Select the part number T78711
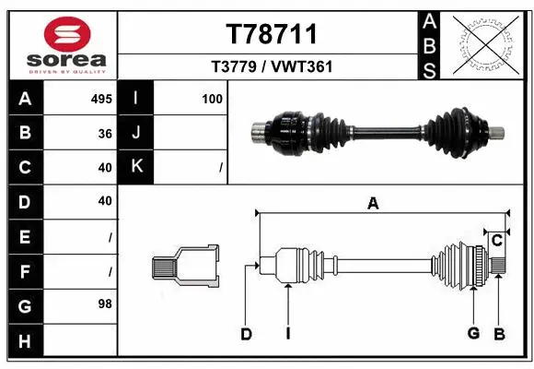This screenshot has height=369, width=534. [272, 34]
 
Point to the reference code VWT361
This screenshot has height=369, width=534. [302, 66]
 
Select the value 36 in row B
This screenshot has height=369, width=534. [105, 133]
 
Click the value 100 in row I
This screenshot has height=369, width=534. [212, 99]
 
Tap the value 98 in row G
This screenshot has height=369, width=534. [105, 304]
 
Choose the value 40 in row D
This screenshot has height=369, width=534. [105, 200]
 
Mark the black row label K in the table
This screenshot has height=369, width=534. [136, 167]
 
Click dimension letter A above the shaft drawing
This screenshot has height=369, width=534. [373, 204]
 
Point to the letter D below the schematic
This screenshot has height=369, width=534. [246, 334]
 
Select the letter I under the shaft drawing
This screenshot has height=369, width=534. [287, 334]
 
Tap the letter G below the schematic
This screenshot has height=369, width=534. [473, 334]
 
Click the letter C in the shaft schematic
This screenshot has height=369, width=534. [496, 242]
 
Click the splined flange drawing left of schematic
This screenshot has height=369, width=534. [185, 267]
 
